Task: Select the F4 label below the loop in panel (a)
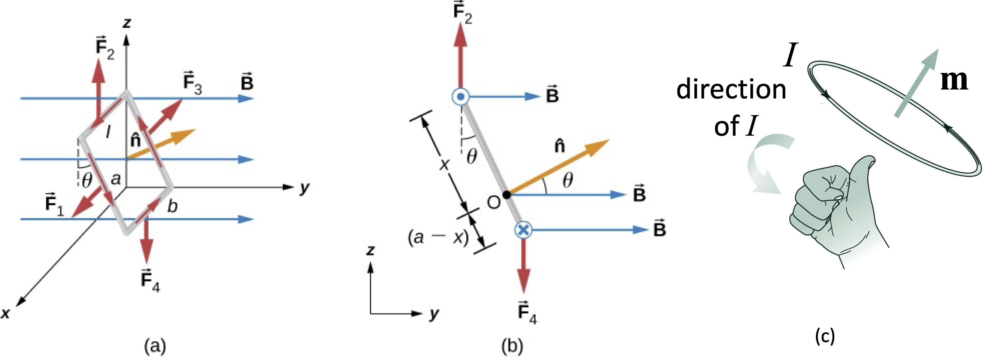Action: click(150, 280)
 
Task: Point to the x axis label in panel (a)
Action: click(6, 313)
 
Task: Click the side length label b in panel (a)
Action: click(172, 207)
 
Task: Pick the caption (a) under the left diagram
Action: click(155, 346)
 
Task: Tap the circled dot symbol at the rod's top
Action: click(460, 97)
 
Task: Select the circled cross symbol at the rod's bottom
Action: click(523, 230)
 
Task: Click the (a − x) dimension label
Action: click(438, 237)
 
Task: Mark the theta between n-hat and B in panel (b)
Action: click(568, 180)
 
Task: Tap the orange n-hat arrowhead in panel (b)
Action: click(600, 145)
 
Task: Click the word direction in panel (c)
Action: click(731, 90)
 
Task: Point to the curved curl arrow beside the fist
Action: click(766, 162)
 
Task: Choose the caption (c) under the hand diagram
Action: click(825, 337)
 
